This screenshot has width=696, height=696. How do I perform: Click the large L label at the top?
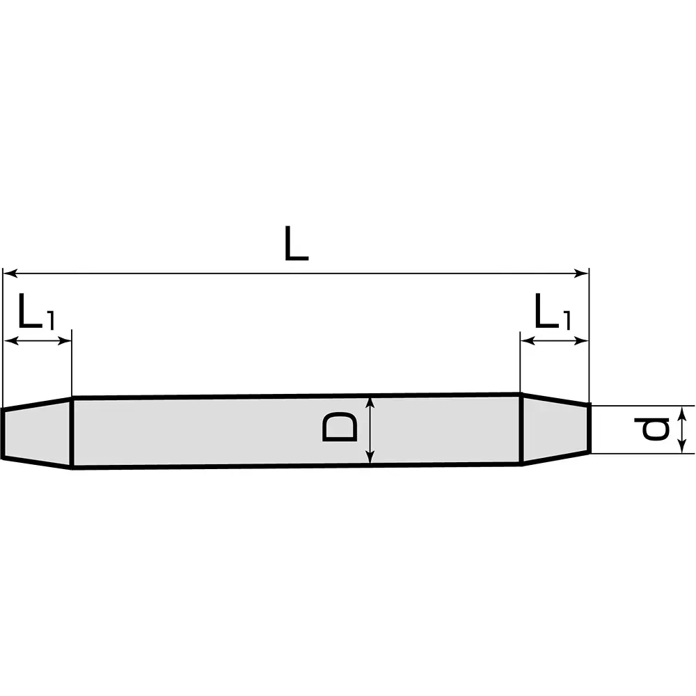click(296, 244)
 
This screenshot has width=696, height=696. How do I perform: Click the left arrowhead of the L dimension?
click(9, 274)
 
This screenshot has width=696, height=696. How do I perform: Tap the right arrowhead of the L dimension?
click(583, 274)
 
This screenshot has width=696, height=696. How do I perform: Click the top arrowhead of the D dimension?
click(371, 402)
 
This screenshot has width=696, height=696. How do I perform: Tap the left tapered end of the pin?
click(36, 433)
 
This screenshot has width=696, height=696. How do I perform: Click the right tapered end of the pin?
click(555, 429)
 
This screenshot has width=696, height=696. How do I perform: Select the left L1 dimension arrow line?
click(38, 340)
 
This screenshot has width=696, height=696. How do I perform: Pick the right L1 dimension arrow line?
click(555, 340)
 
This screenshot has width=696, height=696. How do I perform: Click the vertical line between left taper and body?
click(72, 432)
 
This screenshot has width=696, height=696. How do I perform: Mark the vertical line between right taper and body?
click(521, 429)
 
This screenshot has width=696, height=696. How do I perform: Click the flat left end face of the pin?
click(2, 434)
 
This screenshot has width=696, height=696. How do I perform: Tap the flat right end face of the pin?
click(590, 428)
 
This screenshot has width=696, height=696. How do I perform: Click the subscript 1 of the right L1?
click(566, 321)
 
